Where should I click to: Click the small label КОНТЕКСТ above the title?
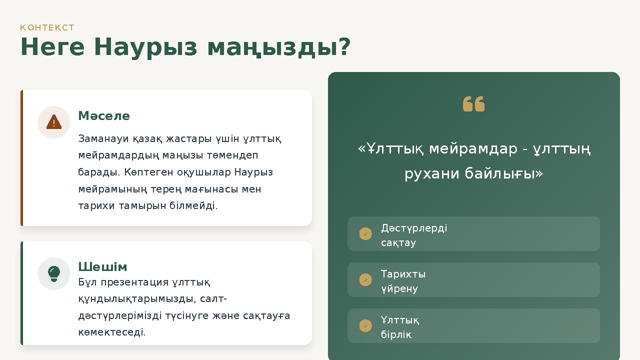(47, 27)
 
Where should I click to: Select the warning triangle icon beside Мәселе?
(54, 122)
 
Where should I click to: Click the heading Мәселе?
(104, 116)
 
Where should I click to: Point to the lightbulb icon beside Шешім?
(54, 273)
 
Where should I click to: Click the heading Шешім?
(102, 266)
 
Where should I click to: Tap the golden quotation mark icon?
(473, 104)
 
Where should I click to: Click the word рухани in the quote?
(431, 173)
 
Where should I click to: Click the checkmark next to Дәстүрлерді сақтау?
(365, 234)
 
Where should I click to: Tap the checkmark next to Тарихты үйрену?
(365, 280)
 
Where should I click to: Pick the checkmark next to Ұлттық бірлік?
(365, 326)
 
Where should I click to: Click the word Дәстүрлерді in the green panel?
(414, 228)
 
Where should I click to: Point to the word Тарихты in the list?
(403, 274)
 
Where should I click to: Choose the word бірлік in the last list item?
(396, 334)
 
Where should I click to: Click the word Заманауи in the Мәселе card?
(102, 138)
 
